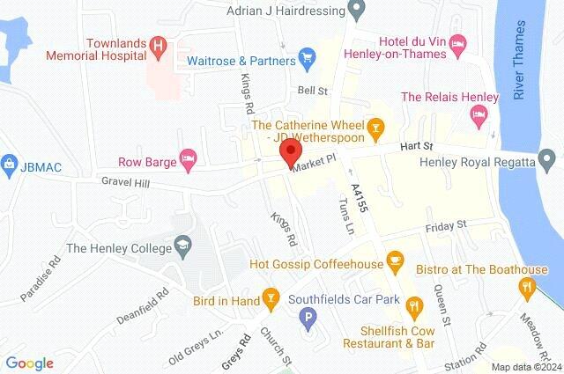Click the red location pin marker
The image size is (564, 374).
pos(289,153)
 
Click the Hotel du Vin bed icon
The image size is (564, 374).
pos(456,42)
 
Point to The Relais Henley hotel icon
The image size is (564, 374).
pos(478,113)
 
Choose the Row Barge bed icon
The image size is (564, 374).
pos(188,159)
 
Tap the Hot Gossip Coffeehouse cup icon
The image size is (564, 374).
pos(395,261)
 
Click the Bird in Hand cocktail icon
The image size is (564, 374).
pos(271,300)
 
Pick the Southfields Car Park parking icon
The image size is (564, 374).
pos(308,319)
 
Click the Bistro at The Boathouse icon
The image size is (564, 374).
pos(527,285)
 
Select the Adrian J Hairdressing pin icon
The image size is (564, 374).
pos(356,11)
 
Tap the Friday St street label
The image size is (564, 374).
pos(445,227)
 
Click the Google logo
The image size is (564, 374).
pos(29,363)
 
